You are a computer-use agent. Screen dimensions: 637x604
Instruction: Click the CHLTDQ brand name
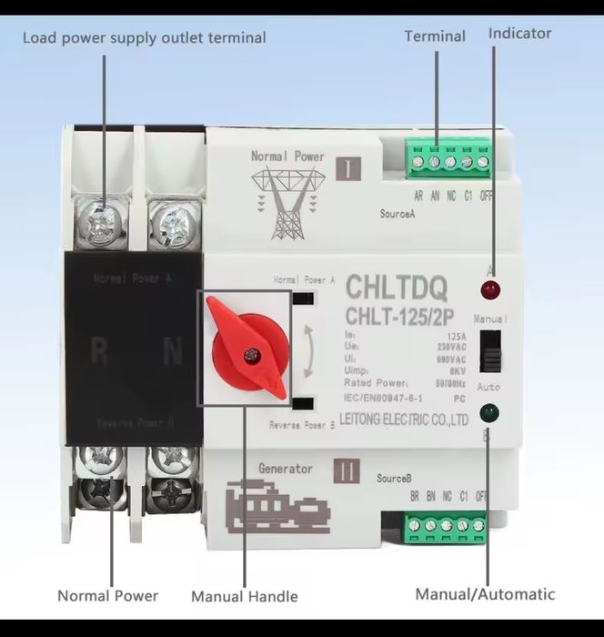(x=396, y=291)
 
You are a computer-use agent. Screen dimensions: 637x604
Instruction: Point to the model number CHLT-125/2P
(x=396, y=316)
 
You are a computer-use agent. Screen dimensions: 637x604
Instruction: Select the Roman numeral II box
(x=348, y=473)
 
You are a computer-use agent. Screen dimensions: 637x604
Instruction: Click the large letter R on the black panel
(x=98, y=351)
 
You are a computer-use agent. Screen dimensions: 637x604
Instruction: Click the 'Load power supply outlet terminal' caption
(x=144, y=38)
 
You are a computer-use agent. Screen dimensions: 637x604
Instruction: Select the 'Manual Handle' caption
(x=244, y=597)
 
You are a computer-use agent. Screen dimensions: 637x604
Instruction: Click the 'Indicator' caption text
(x=519, y=34)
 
